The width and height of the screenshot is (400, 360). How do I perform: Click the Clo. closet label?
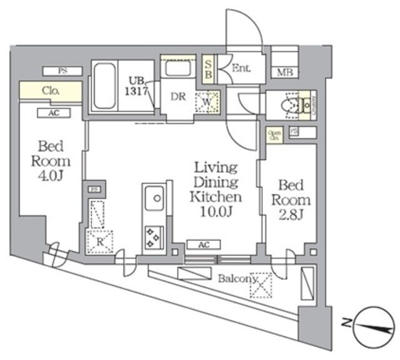[51, 91]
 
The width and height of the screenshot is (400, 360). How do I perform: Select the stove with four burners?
[153, 236]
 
